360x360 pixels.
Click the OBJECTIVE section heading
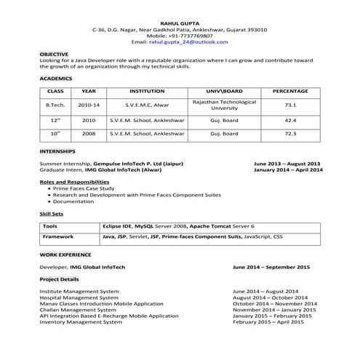pyautogui.click(x=54, y=54)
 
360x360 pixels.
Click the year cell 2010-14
pyautogui.click(x=89, y=105)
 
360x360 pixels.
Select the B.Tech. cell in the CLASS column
pyautogui.click(x=55, y=105)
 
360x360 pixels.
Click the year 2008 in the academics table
pyautogui.click(x=89, y=134)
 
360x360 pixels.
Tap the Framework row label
pyautogui.click(x=57, y=236)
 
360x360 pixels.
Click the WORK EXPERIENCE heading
pyautogui.click(x=65, y=255)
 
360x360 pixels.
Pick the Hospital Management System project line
pyautogui.click(x=79, y=297)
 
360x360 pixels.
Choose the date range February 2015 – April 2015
pyautogui.click(x=272, y=321)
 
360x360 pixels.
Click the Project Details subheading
pyautogui.click(x=59, y=279)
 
